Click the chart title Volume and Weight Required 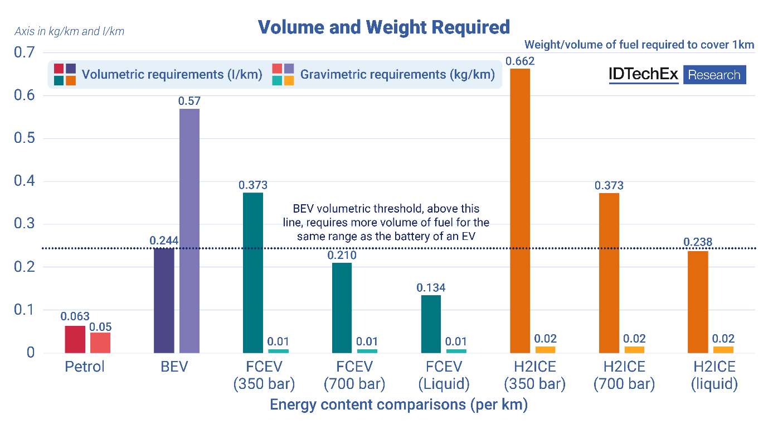pyautogui.click(x=383, y=27)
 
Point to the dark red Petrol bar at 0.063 pyautogui.click(x=75, y=339)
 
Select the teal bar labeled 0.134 pyautogui.click(x=431, y=324)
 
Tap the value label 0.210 pyautogui.click(x=342, y=256)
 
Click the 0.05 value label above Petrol pyautogui.click(x=100, y=326)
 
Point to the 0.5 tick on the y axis pyautogui.click(x=25, y=138)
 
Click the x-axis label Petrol pyautogui.click(x=85, y=367)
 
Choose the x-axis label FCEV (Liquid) pyautogui.click(x=444, y=376)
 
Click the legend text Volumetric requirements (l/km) pyautogui.click(x=172, y=75)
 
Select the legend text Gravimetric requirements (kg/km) pyautogui.click(x=397, y=75)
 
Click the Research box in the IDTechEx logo pyautogui.click(x=714, y=75)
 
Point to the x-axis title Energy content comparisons pyautogui.click(x=398, y=405)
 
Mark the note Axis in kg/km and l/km pyautogui.click(x=70, y=32)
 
